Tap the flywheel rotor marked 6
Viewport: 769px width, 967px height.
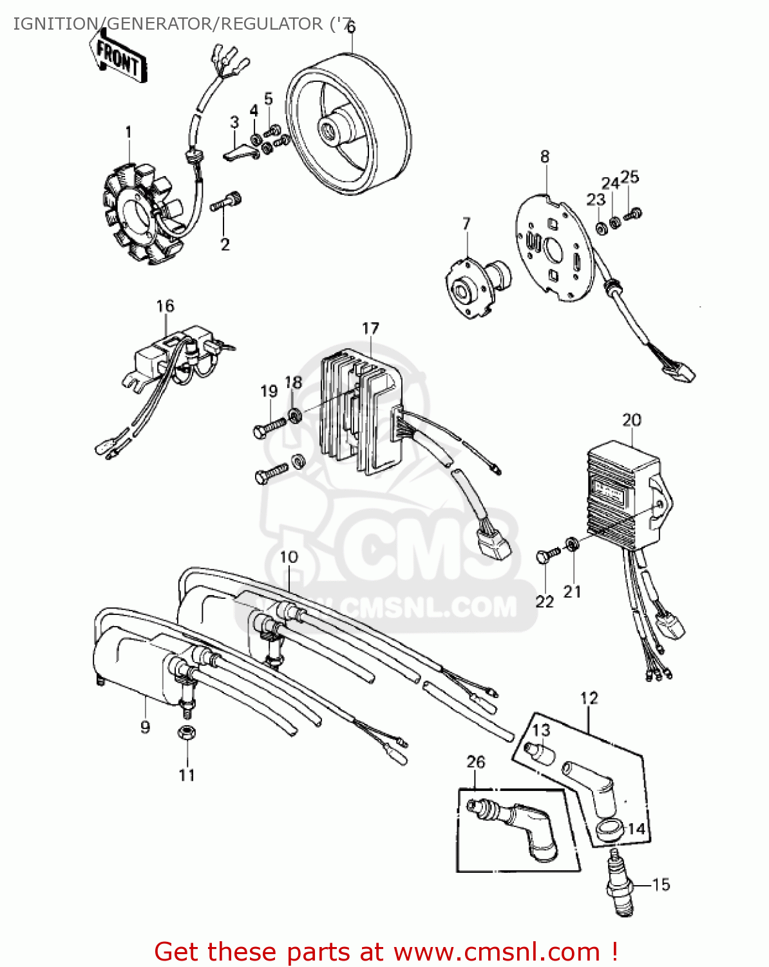pyautogui.click(x=348, y=129)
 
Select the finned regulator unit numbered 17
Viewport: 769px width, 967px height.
pyautogui.click(x=361, y=413)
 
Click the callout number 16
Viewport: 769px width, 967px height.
pyautogui.click(x=165, y=306)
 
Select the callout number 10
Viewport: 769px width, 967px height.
pyautogui.click(x=289, y=557)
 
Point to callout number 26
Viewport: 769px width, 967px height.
pyautogui.click(x=475, y=762)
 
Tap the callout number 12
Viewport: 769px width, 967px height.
pyautogui.click(x=589, y=698)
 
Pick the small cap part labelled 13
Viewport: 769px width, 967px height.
pyautogui.click(x=538, y=752)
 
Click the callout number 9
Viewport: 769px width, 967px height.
pyautogui.click(x=146, y=727)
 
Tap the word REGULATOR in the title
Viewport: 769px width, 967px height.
pyautogui.click(x=271, y=24)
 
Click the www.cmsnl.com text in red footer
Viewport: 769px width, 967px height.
pyautogui.click(x=496, y=952)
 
